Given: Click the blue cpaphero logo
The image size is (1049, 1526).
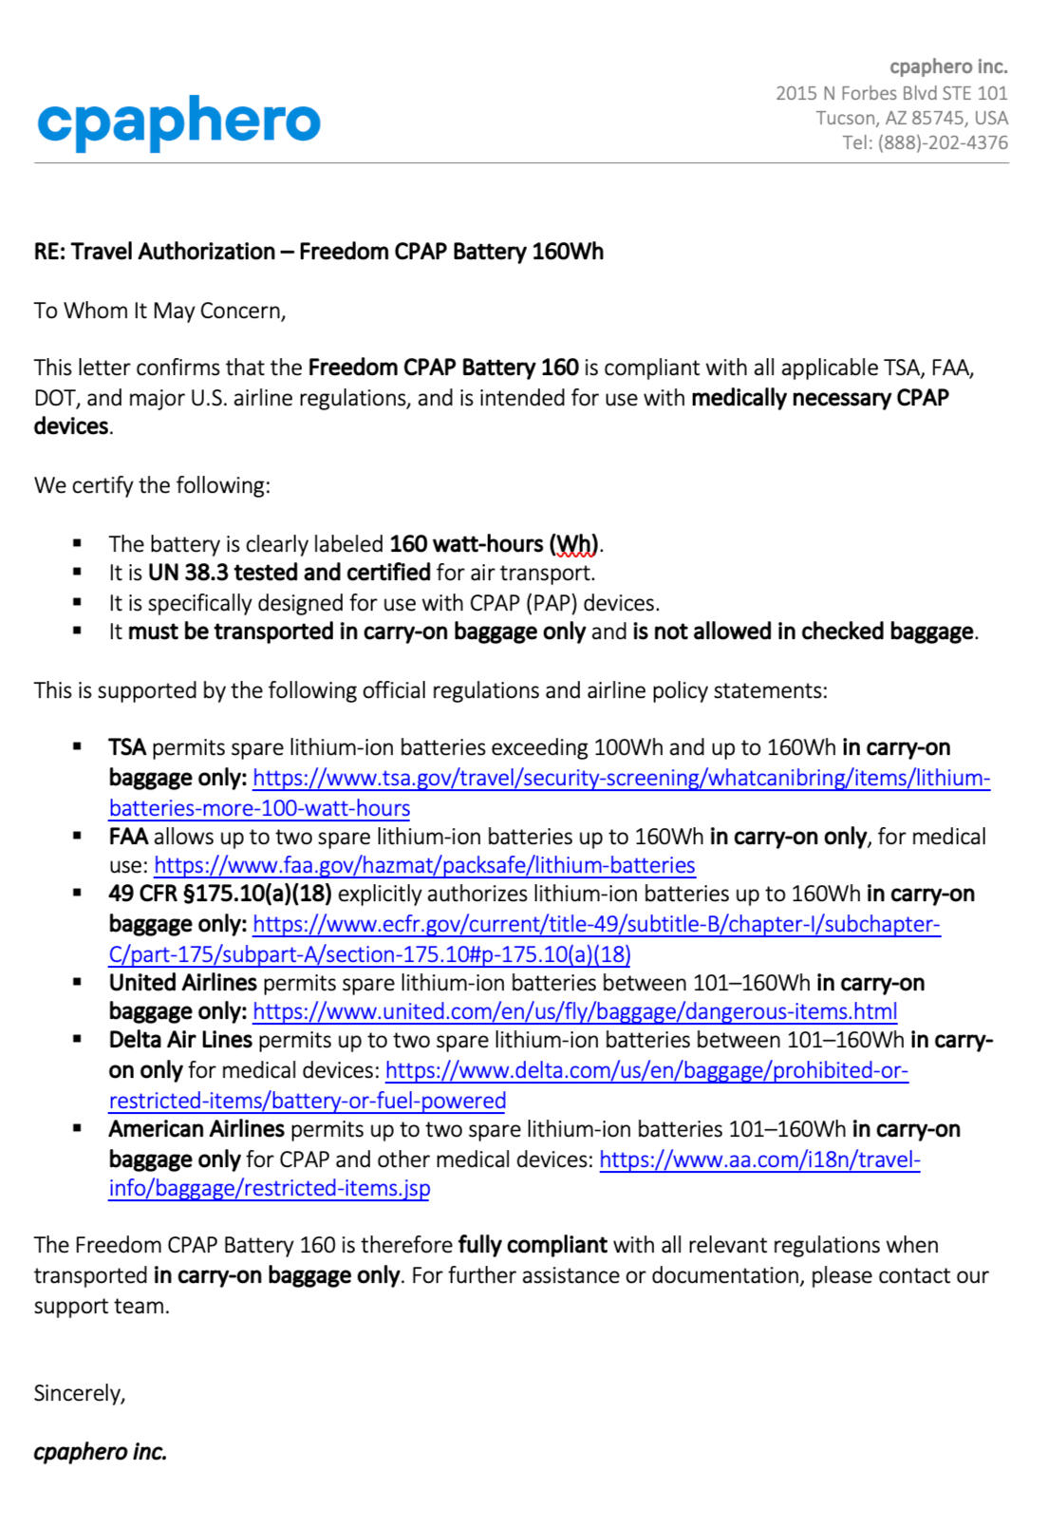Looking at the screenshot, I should tap(178, 122).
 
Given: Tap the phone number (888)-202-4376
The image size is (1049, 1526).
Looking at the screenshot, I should tap(942, 142).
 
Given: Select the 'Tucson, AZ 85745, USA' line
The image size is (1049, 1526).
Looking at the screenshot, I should tap(911, 118).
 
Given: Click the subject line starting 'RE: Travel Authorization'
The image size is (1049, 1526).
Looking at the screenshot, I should tap(318, 252).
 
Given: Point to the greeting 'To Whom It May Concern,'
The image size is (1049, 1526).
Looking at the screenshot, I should tap(159, 311).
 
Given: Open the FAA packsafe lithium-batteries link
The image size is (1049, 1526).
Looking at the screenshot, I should tap(424, 865).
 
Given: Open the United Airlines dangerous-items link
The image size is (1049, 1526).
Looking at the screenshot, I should tap(574, 1011).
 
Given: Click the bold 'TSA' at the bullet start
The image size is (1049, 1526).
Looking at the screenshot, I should tap(127, 747).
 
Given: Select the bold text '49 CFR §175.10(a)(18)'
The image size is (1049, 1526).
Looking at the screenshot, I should tap(219, 894).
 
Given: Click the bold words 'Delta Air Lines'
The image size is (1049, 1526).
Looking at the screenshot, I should tap(180, 1040).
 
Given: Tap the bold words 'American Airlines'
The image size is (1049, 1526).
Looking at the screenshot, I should tap(197, 1129).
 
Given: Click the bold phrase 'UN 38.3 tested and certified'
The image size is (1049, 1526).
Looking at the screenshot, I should tap(290, 573).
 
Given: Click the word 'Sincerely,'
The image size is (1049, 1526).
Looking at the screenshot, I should tap(80, 1393).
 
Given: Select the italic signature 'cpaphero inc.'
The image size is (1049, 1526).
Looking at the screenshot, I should tap(101, 1452).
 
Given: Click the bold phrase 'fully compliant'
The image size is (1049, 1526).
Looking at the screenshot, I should tap(532, 1245).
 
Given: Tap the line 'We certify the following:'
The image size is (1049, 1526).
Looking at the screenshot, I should tap(152, 485).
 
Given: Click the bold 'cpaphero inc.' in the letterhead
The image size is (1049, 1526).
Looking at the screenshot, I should tap(947, 66).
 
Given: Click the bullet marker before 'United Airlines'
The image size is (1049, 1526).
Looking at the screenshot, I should tap(77, 983).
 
